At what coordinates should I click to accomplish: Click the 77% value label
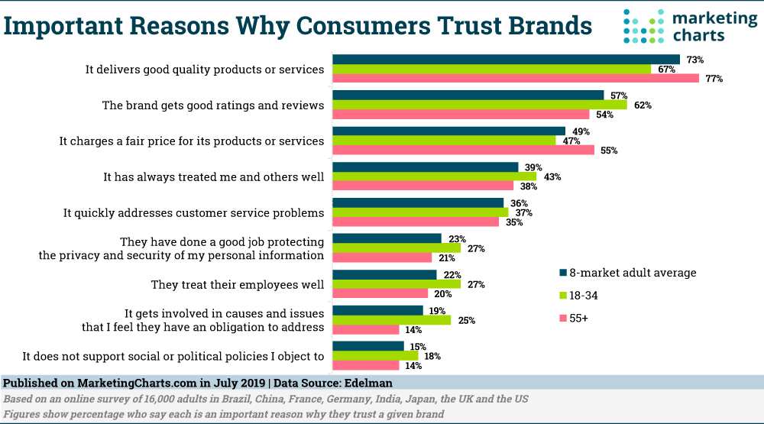(714, 79)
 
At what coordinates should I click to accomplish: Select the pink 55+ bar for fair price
(463, 151)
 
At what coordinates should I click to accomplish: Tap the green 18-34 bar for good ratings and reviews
(479, 105)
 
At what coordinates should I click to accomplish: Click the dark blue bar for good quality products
(506, 60)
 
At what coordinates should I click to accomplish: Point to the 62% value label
(643, 105)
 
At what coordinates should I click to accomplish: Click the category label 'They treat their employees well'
(237, 285)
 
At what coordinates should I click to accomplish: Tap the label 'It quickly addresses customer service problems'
(193, 213)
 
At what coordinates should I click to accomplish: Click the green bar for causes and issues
(391, 320)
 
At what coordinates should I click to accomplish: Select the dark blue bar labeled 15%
(368, 346)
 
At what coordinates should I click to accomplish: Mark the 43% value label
(552, 177)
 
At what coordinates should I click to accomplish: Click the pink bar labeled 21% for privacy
(382, 258)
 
